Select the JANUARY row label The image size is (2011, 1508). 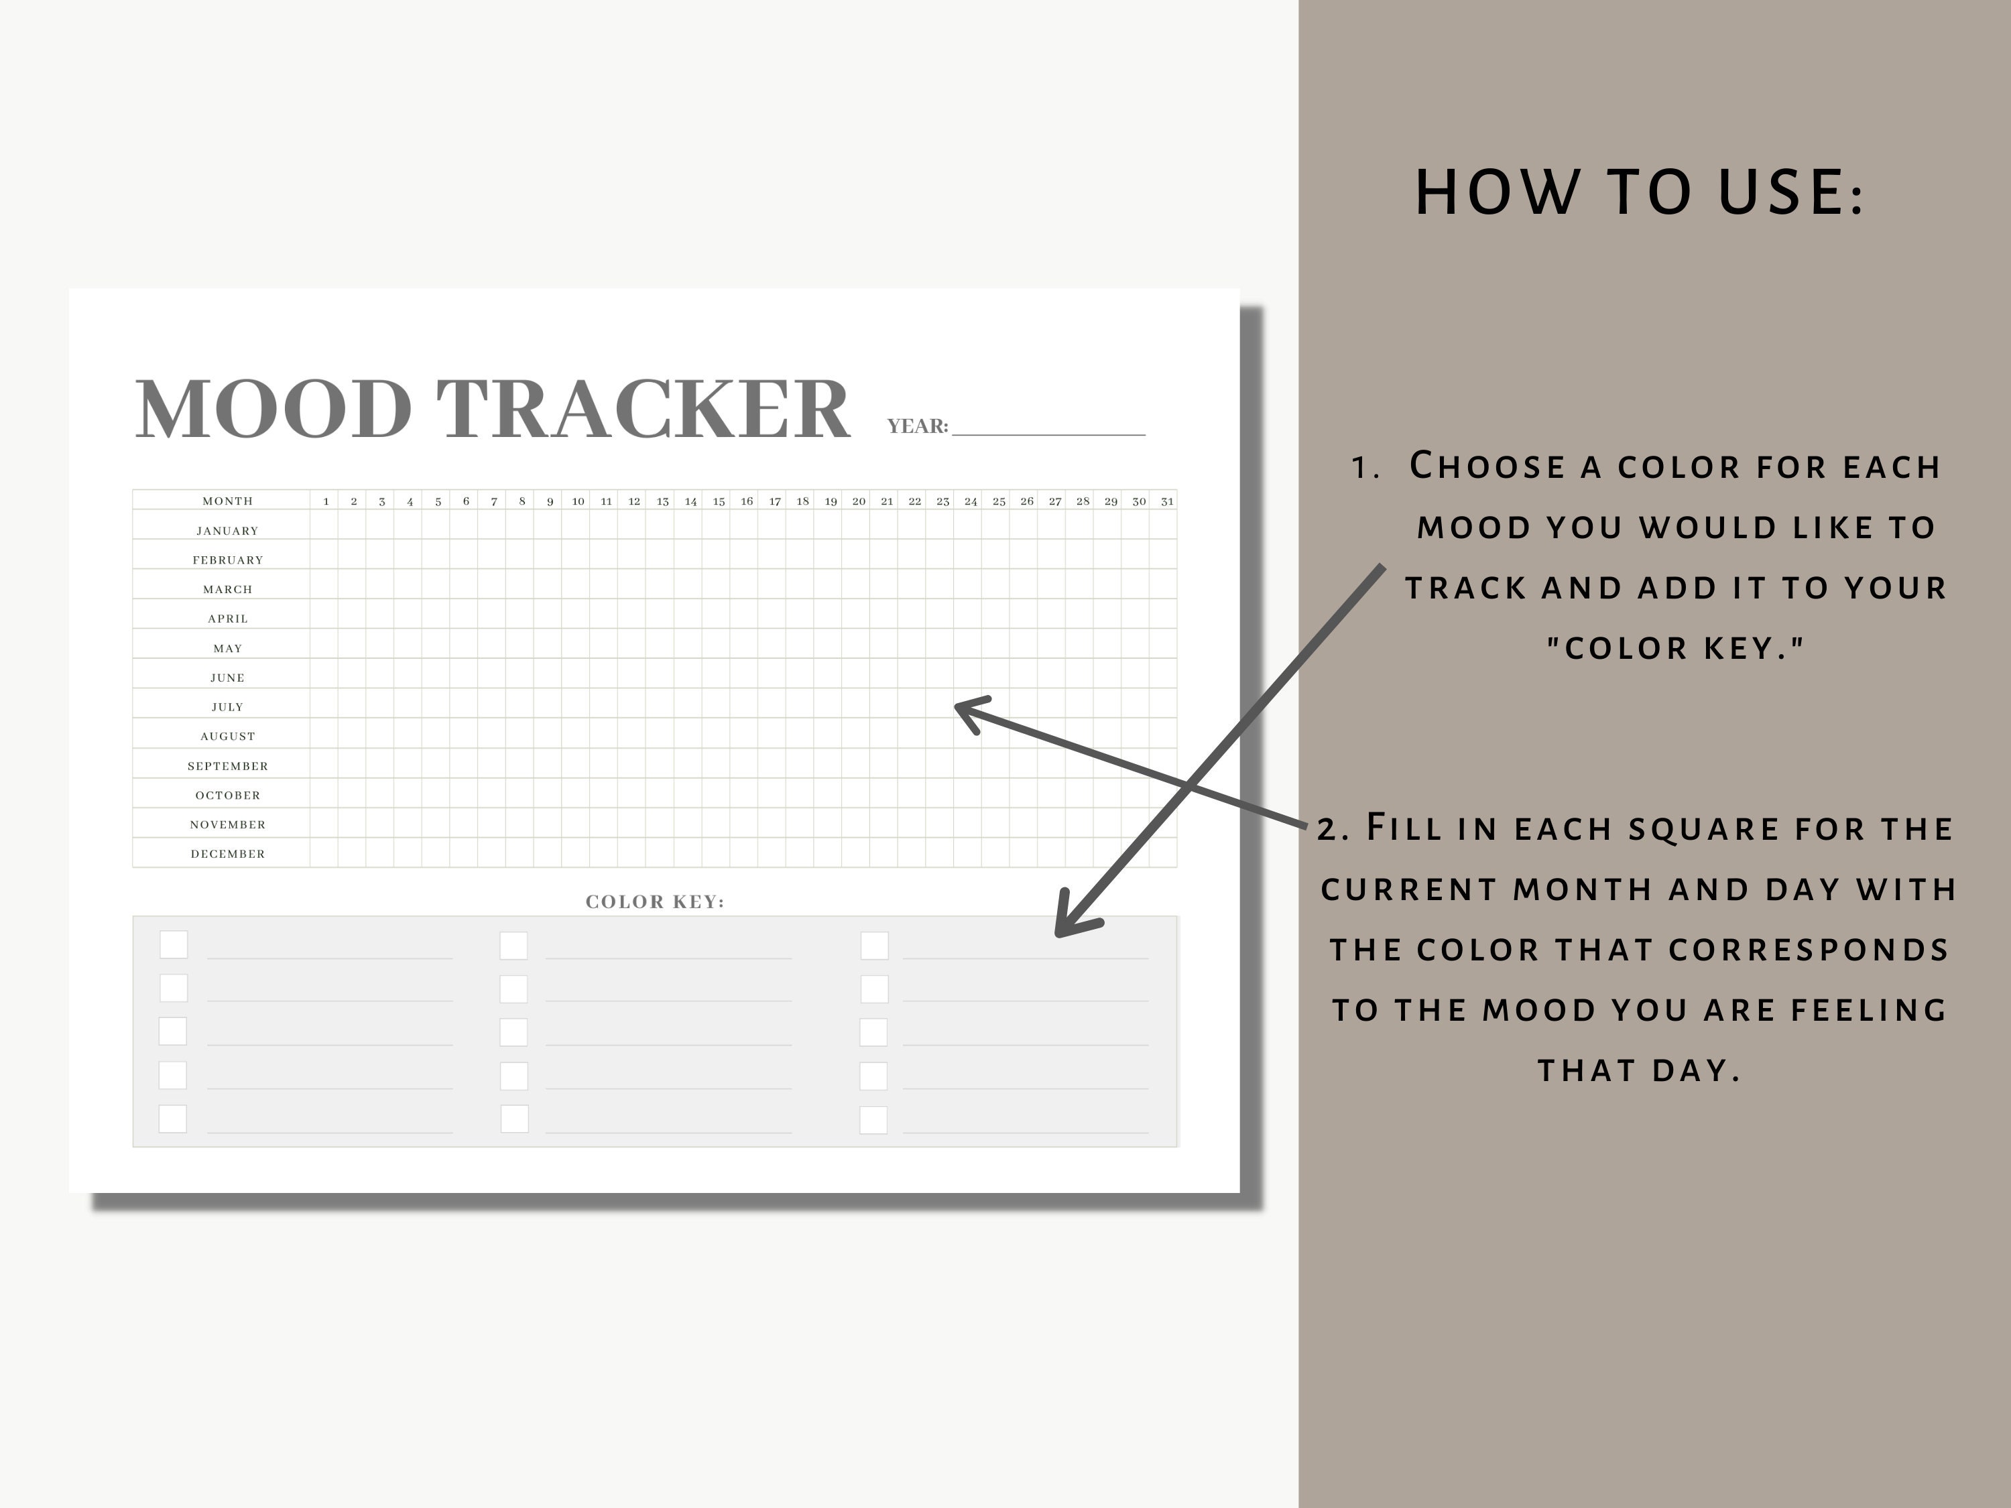point(227,531)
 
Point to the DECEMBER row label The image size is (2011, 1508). point(227,854)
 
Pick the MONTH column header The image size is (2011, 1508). point(227,501)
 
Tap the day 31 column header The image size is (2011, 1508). point(1166,501)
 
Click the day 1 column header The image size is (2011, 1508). point(326,501)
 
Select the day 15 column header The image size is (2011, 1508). point(718,501)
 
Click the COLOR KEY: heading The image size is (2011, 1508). point(654,901)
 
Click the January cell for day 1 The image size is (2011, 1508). point(324,525)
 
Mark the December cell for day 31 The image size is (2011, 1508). point(1163,853)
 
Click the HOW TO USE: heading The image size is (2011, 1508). point(1639,193)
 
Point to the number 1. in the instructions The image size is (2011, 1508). point(1365,467)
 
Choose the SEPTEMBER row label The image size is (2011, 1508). point(227,766)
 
